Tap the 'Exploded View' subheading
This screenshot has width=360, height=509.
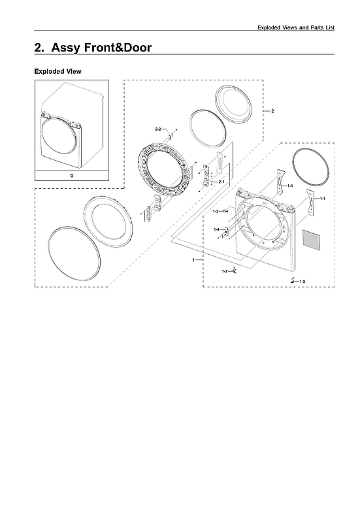pyautogui.click(x=57, y=71)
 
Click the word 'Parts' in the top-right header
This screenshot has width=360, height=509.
pyautogui.click(x=321, y=26)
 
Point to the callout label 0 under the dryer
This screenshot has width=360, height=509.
pyautogui.click(x=71, y=176)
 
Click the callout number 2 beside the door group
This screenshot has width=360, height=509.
pyautogui.click(x=272, y=111)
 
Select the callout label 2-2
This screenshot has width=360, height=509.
pyautogui.click(x=158, y=130)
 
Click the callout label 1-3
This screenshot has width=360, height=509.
pyautogui.click(x=216, y=212)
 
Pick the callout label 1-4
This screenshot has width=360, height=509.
pyautogui.click(x=216, y=229)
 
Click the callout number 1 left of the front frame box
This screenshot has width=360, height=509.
pyautogui.click(x=193, y=260)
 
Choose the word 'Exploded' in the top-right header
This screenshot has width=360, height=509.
pyautogui.click(x=271, y=26)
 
